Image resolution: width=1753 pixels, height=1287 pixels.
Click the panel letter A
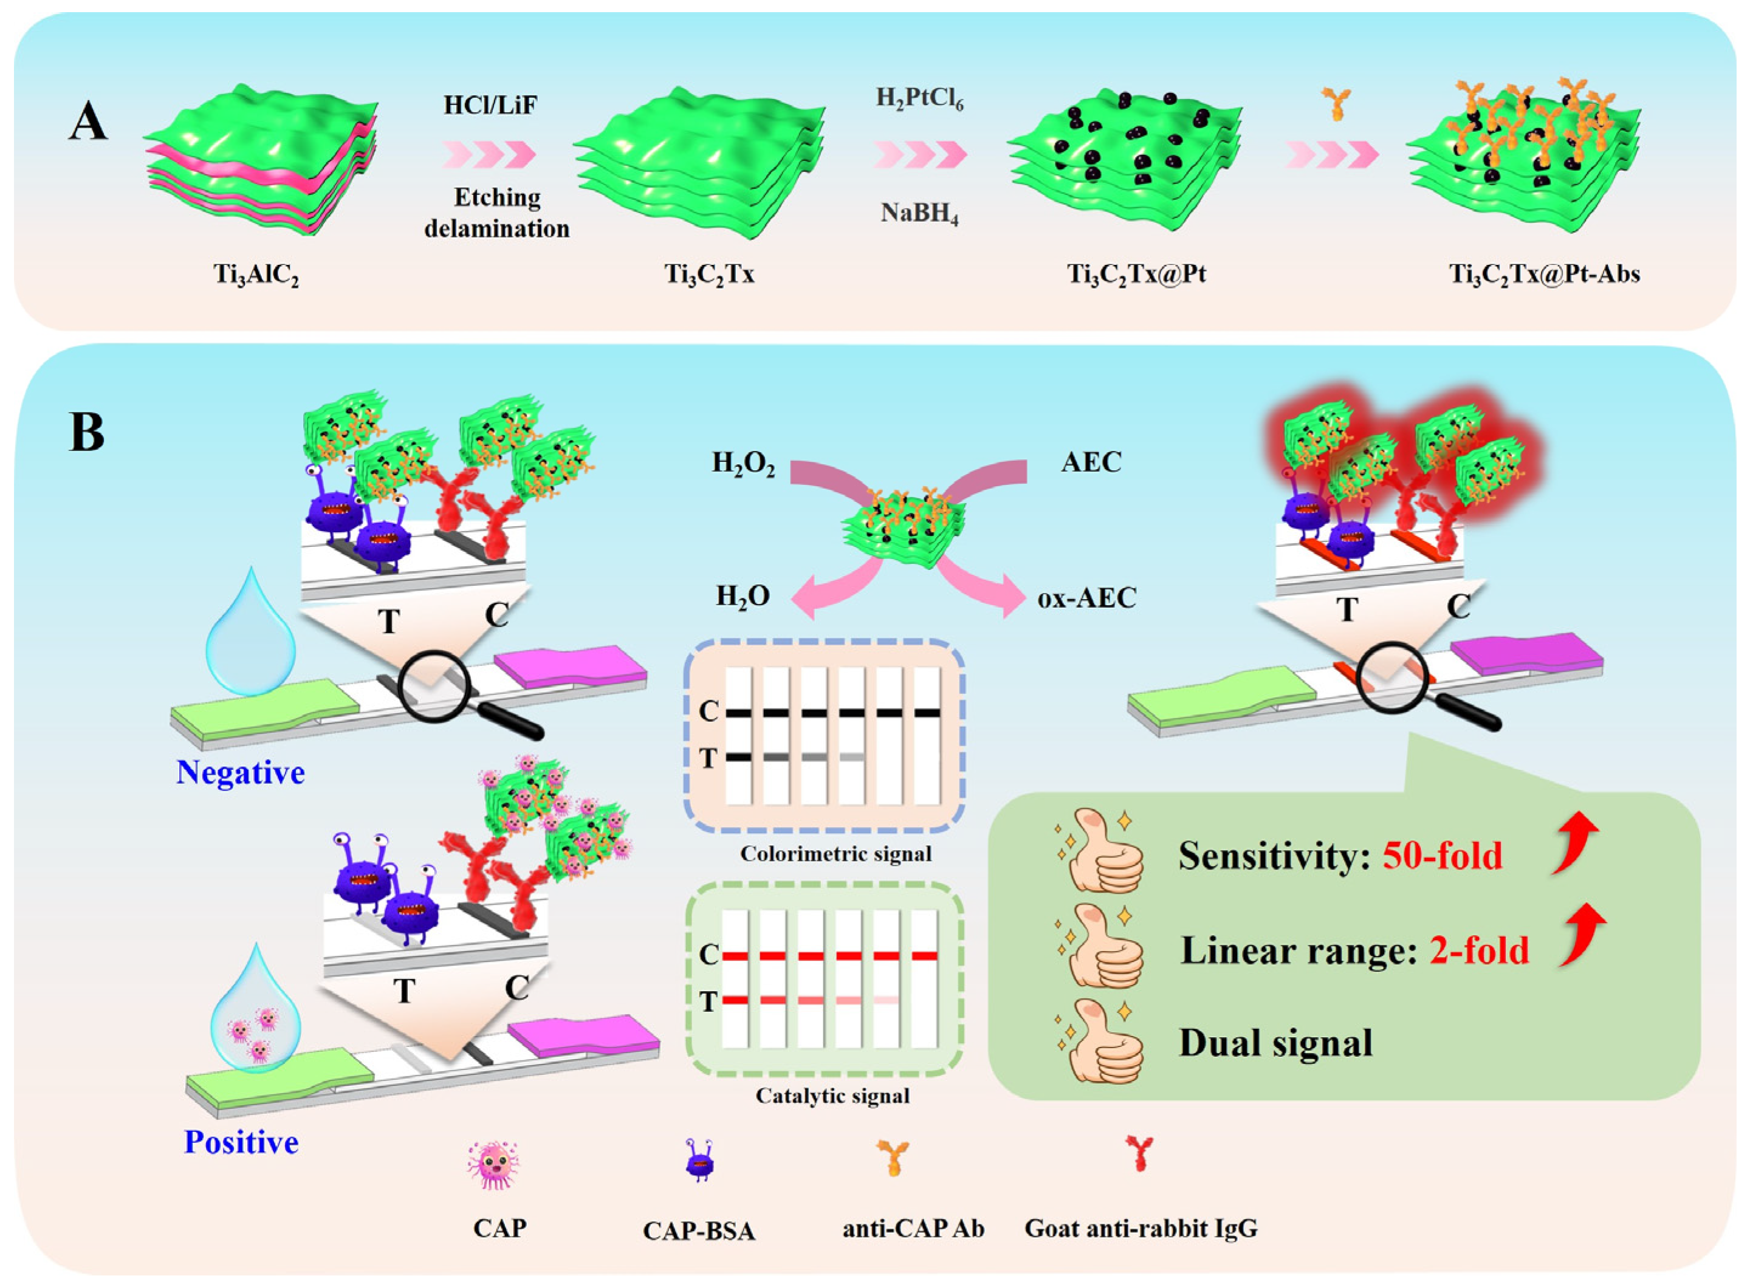coord(87,123)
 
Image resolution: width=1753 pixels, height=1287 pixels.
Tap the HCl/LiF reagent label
coord(490,105)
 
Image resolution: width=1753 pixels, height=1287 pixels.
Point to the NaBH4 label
coord(919,213)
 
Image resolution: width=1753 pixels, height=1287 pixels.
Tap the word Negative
coord(240,773)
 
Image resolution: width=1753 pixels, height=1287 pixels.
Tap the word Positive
coord(241,1142)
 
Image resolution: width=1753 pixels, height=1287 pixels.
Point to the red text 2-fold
coord(1479,950)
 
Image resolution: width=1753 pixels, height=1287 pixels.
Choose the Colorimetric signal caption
coord(835,854)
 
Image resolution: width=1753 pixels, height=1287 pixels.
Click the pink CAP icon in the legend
coord(493,1165)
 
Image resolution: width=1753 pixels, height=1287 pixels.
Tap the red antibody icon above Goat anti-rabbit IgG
coord(1140,1153)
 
